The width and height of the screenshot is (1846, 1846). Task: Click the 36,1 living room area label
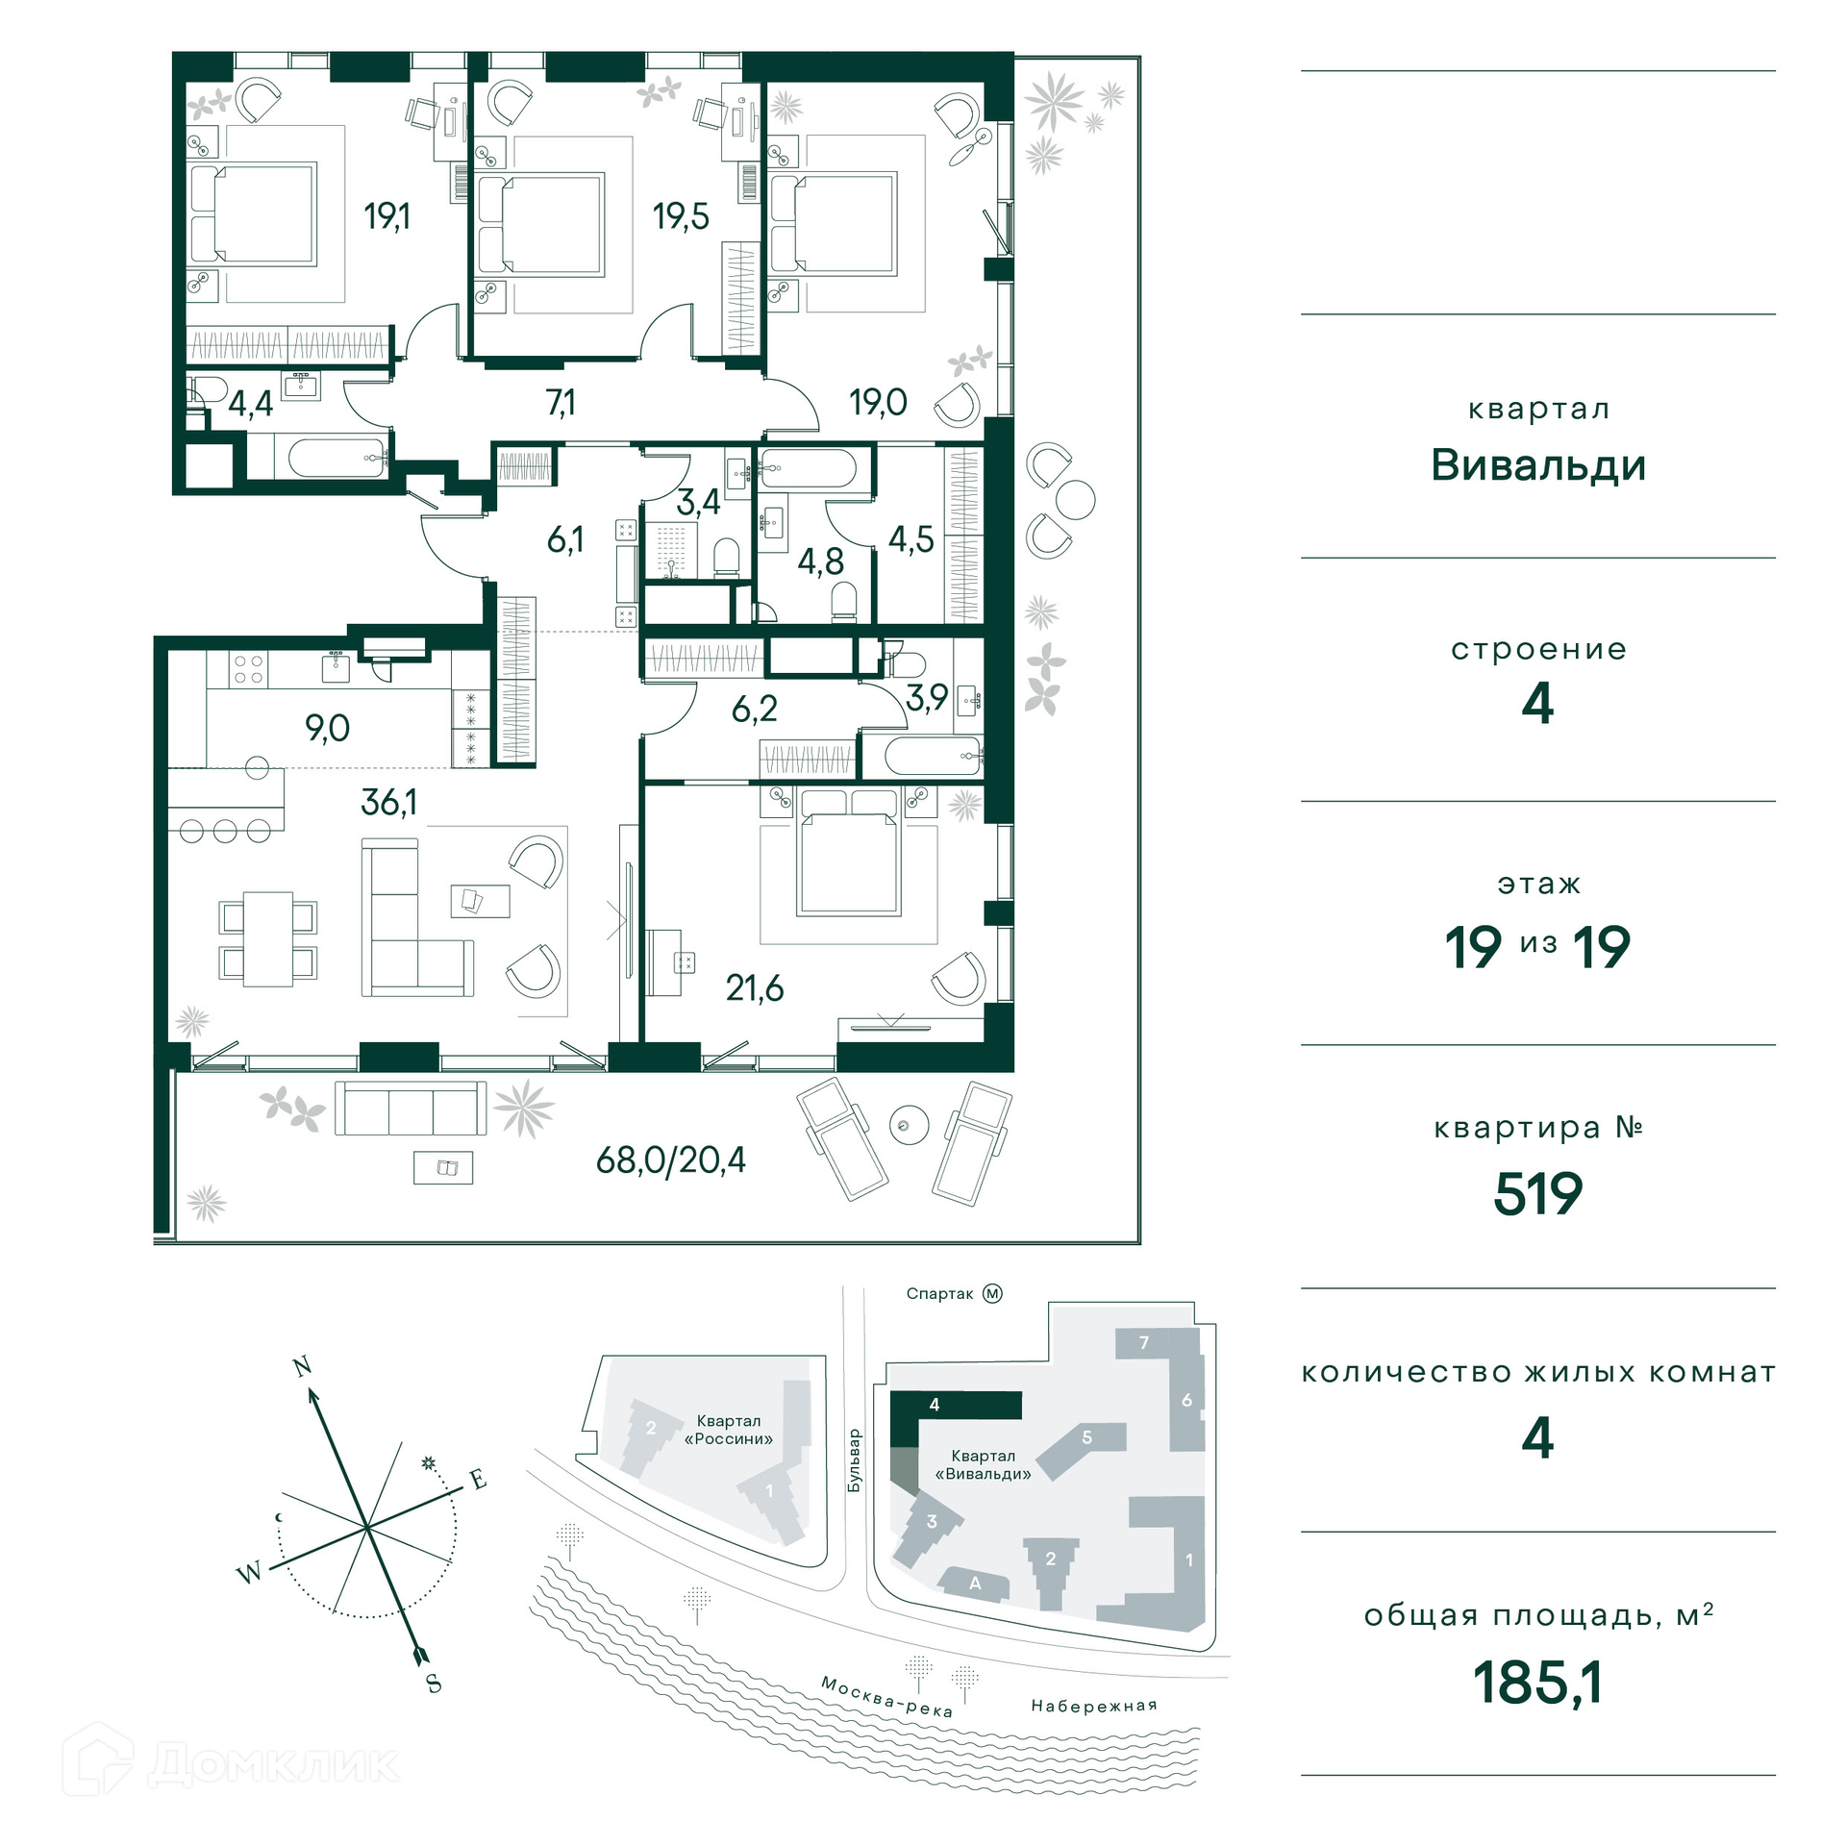tap(389, 802)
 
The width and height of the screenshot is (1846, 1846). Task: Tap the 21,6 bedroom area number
tap(755, 987)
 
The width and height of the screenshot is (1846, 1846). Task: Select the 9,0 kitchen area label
tap(328, 728)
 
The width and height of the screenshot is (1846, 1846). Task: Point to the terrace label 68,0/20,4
tap(671, 1160)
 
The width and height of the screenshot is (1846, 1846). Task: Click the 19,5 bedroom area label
tap(681, 216)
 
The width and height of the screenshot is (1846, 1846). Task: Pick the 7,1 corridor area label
tap(561, 402)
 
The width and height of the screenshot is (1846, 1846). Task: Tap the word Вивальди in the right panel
tap(1538, 465)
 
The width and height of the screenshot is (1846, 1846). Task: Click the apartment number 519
tap(1538, 1194)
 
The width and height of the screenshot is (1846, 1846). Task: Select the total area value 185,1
tap(1538, 1684)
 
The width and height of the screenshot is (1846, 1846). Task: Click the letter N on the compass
tap(303, 1366)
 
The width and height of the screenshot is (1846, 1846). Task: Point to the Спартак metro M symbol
tap(992, 1293)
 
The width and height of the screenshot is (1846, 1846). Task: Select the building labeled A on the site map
tap(974, 1584)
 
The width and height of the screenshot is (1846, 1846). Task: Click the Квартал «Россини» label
tap(729, 1430)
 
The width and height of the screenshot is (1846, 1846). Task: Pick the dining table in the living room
tap(268, 939)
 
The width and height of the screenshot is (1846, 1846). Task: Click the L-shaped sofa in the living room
tap(417, 918)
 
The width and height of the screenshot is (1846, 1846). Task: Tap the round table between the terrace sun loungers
tap(909, 1125)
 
